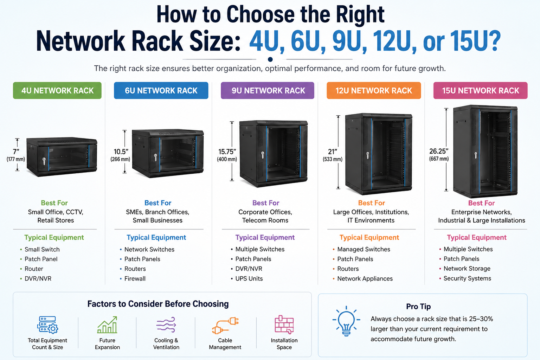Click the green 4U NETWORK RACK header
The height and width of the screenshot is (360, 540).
(57, 90)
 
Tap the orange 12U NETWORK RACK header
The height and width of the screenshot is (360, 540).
(374, 90)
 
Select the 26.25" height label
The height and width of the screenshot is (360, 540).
(439, 151)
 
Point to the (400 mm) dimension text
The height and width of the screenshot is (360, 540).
(227, 159)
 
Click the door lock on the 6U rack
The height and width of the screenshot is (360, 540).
(155, 157)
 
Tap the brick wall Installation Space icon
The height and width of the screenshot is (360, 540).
(284, 324)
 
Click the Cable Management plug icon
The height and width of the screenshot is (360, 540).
(225, 325)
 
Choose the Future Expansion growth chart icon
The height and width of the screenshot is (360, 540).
(107, 325)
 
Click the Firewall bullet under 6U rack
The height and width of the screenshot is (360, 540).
(135, 278)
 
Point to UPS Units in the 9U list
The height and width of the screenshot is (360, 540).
(249, 278)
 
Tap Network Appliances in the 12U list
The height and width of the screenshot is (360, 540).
(365, 278)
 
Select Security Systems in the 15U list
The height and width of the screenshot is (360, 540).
(467, 278)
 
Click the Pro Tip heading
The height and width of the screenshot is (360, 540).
(418, 307)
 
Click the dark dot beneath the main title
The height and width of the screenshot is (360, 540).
(270, 59)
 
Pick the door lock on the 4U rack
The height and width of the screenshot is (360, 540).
(44, 161)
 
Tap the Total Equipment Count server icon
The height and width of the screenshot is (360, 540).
(47, 325)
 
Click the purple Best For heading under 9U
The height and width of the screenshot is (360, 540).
(266, 203)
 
